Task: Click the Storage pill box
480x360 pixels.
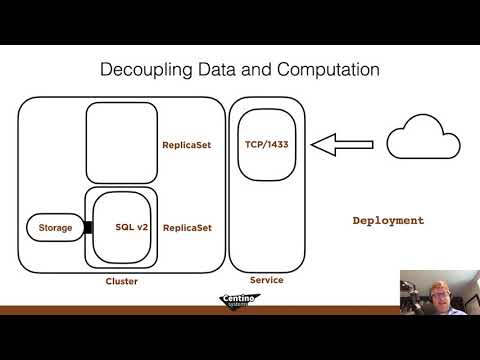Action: tap(56, 228)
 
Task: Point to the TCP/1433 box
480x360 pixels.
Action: tap(266, 145)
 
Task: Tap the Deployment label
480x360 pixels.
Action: tap(389, 220)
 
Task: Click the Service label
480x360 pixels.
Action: tap(266, 280)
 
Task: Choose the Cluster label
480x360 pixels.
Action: tap(121, 282)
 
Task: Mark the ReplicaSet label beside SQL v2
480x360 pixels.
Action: tap(187, 228)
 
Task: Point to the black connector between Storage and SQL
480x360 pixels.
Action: tap(88, 228)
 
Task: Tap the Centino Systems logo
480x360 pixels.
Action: tap(240, 303)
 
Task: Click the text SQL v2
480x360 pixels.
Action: tap(132, 228)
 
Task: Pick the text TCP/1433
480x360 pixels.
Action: tap(266, 143)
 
